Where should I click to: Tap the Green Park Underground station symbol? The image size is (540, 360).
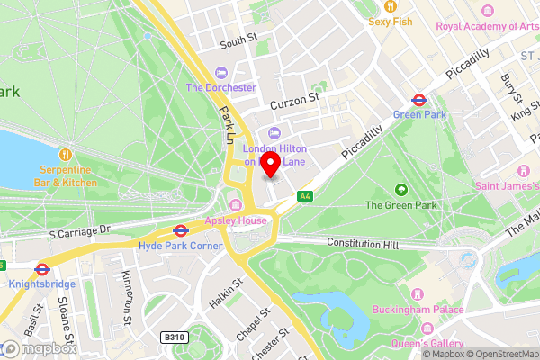coord(419,100)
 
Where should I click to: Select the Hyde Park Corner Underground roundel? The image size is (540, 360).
coord(180,230)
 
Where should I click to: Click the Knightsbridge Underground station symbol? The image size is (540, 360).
coord(41,268)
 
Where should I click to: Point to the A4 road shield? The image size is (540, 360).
coord(305,195)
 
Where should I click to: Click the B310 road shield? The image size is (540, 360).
coord(173,337)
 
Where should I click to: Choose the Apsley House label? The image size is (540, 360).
coord(237,220)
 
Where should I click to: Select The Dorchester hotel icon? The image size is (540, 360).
coord(221,73)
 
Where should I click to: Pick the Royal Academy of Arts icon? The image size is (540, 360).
coord(488,11)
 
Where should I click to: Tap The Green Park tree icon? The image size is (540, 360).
coord(400,190)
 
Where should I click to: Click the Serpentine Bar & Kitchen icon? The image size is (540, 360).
coord(66,153)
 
